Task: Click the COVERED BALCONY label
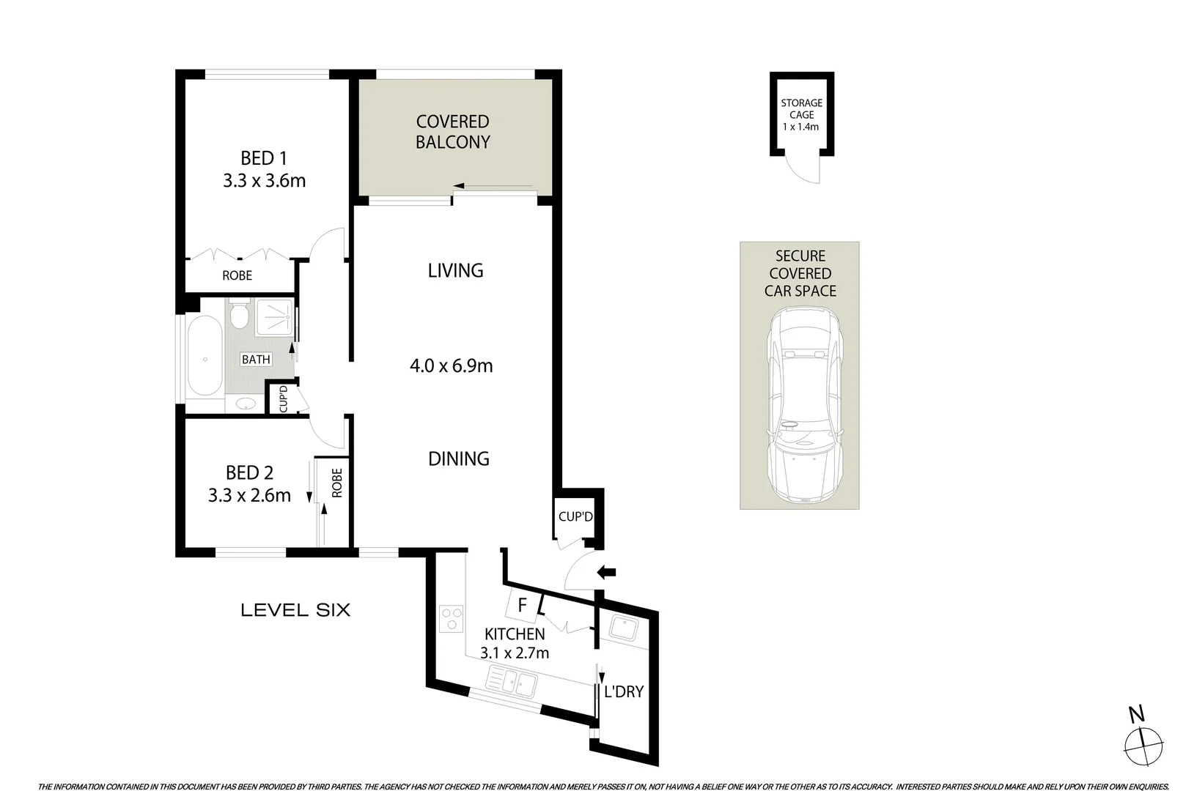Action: (452, 132)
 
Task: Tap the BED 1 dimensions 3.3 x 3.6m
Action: (264, 181)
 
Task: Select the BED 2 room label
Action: (249, 472)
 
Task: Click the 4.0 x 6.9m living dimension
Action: (451, 365)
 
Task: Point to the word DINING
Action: (458, 458)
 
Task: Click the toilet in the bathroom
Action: (238, 316)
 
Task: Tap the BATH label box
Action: (256, 360)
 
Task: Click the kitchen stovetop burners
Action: (451, 618)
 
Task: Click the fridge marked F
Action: (523, 606)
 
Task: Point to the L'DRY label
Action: (623, 691)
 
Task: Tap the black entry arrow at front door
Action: (608, 572)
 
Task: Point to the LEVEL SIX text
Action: (295, 609)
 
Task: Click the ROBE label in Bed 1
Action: (237, 275)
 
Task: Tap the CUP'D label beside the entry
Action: (575, 516)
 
